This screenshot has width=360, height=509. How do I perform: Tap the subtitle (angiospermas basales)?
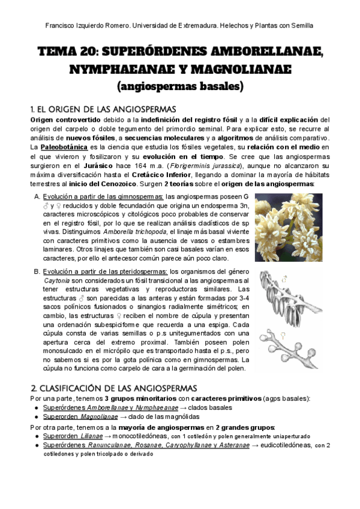click(180, 86)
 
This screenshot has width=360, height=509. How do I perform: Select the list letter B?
click(37, 272)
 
